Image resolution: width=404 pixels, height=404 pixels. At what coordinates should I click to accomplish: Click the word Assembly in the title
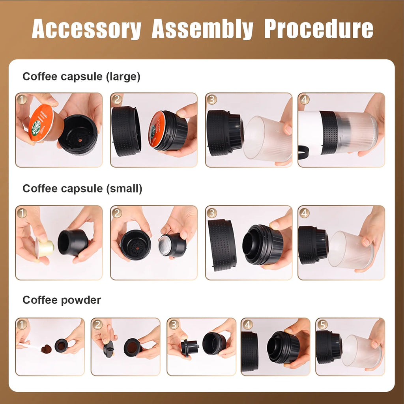click(x=202, y=29)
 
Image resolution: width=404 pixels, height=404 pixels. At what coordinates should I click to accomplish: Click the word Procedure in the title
click(x=318, y=29)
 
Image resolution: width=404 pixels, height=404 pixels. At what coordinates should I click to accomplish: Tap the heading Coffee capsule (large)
click(x=81, y=77)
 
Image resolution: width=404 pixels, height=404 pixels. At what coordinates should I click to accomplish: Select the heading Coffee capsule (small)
click(x=82, y=189)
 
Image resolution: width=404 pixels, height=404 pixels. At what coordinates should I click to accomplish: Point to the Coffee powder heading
click(x=62, y=300)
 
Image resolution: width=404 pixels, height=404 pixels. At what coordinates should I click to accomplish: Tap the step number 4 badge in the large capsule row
click(x=304, y=99)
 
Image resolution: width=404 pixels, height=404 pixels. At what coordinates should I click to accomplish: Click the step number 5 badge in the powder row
click(x=322, y=325)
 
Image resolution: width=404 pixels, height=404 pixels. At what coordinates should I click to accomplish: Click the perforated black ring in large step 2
click(x=126, y=131)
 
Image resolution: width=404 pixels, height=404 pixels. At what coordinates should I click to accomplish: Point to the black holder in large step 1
click(x=78, y=134)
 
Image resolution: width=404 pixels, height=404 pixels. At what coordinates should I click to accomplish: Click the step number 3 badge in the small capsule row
click(x=212, y=213)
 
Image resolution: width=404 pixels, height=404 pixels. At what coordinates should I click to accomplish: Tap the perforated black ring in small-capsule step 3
click(x=221, y=244)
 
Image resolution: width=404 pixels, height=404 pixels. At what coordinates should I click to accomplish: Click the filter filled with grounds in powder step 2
click(x=133, y=347)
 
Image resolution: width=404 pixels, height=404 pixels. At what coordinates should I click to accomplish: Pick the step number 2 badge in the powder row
click(x=98, y=325)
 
